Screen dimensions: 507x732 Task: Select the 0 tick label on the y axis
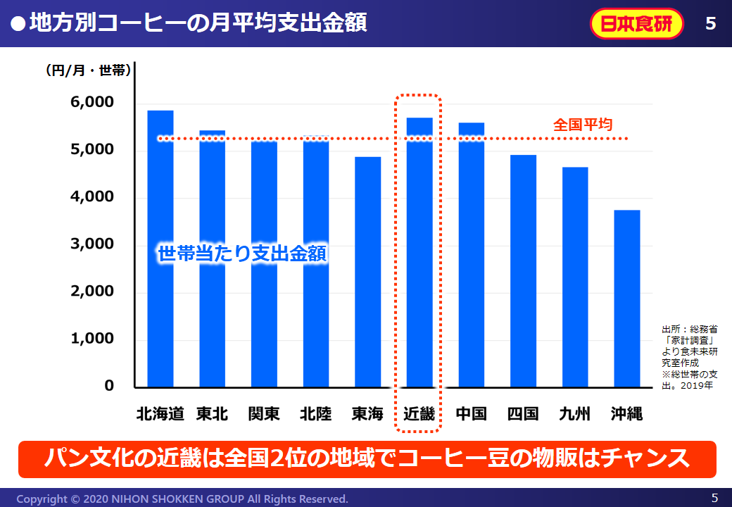click(x=109, y=386)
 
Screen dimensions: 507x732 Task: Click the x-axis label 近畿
click(x=419, y=413)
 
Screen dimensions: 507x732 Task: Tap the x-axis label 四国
click(x=523, y=413)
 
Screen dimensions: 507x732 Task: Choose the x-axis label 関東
click(x=264, y=413)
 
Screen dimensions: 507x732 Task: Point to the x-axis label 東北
click(x=212, y=413)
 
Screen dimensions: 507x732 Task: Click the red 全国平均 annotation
click(x=582, y=125)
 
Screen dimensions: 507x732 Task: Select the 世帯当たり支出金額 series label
click(x=242, y=254)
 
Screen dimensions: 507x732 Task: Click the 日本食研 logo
click(x=637, y=24)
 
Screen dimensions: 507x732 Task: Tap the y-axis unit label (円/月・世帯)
click(x=88, y=70)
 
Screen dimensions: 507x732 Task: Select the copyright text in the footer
click(x=182, y=499)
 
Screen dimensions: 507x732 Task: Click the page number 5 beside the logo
click(x=710, y=24)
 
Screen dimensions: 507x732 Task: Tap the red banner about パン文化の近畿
click(x=367, y=459)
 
